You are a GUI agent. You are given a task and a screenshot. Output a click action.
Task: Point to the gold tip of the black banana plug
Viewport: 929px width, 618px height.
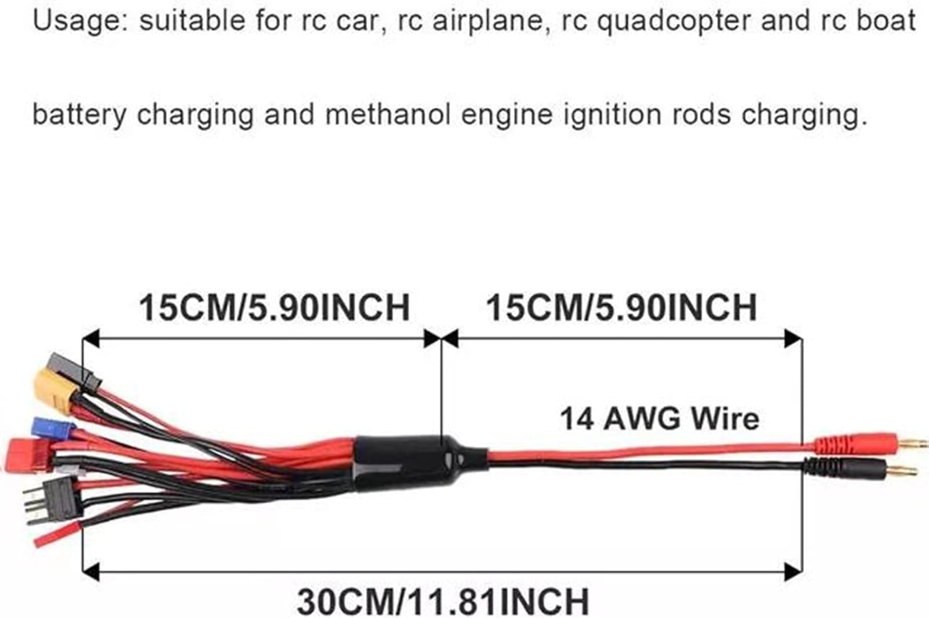tap(907, 470)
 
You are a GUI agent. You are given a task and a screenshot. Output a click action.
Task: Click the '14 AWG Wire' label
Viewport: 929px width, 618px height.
tap(659, 419)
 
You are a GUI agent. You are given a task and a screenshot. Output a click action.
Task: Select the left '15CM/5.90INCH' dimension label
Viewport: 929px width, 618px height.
tap(274, 307)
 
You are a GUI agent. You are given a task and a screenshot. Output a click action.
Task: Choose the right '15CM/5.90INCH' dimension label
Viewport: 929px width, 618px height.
tap(621, 307)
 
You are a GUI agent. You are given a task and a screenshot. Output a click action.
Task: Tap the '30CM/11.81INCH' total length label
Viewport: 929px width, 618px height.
tap(443, 600)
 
